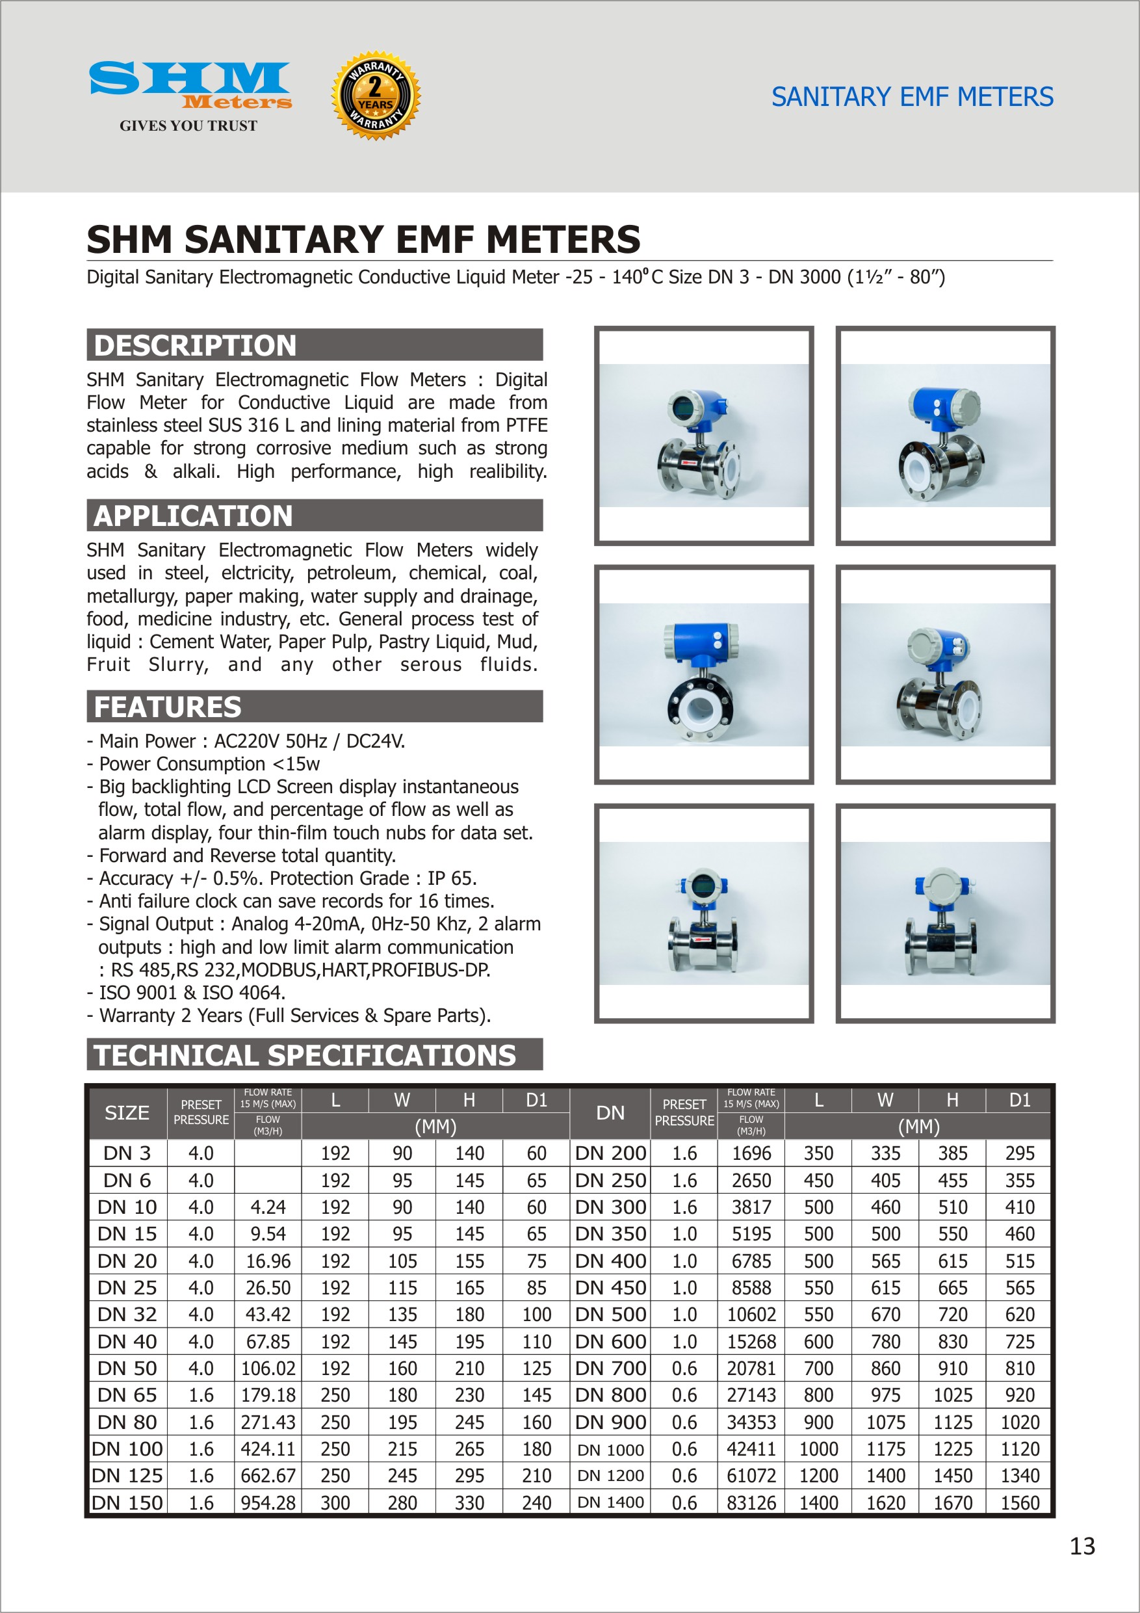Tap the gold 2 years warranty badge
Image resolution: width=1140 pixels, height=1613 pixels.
pos(376,96)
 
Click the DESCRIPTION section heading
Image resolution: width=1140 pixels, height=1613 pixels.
pos(195,346)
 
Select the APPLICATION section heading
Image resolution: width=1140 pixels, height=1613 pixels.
pos(193,516)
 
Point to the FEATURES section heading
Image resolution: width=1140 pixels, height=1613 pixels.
pos(168,707)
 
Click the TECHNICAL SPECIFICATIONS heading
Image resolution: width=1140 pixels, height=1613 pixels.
pos(305,1055)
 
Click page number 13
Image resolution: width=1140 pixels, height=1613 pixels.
pos(1082,1546)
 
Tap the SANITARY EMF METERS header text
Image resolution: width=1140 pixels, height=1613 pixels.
pos(912,97)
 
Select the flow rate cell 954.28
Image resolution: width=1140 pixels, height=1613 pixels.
pos(268,1502)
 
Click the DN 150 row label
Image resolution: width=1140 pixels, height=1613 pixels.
pos(127,1502)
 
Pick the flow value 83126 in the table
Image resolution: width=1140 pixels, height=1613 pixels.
pos(751,1502)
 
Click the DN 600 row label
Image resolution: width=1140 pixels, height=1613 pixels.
pos(610,1341)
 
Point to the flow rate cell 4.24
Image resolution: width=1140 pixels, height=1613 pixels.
pos(268,1207)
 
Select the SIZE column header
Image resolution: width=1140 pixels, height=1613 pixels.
pos(127,1113)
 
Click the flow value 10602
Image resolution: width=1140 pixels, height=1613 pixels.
pos(751,1315)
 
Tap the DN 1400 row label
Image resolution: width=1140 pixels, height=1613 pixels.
pos(610,1502)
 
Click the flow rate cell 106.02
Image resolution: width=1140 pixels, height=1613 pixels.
pos(268,1369)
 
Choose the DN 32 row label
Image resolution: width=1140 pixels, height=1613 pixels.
pos(127,1315)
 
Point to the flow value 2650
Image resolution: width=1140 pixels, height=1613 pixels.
pos(751,1180)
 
